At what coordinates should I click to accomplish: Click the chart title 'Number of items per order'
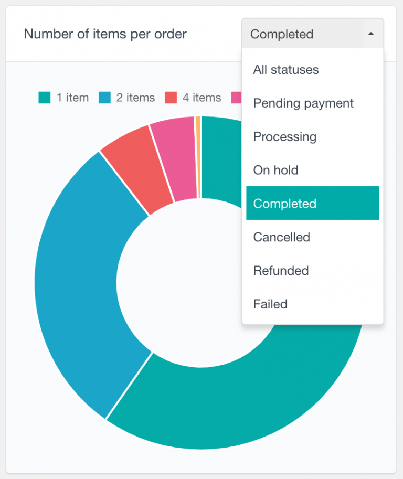click(105, 35)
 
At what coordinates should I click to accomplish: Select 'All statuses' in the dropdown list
click(286, 70)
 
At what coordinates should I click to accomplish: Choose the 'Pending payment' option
click(303, 103)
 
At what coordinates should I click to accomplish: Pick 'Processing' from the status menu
click(285, 137)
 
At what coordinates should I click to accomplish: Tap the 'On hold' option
click(275, 170)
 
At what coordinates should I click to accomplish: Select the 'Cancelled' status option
click(282, 237)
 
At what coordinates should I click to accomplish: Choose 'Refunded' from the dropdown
click(281, 271)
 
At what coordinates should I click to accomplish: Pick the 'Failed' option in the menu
click(270, 304)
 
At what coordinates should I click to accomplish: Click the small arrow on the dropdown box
click(371, 34)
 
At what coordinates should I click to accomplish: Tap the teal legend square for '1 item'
click(45, 98)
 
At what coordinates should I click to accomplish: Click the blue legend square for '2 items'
click(104, 98)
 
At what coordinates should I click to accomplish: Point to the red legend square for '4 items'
click(171, 98)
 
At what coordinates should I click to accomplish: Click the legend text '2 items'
click(135, 98)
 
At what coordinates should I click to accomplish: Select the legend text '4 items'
click(201, 98)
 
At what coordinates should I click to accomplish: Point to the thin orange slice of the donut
click(198, 157)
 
